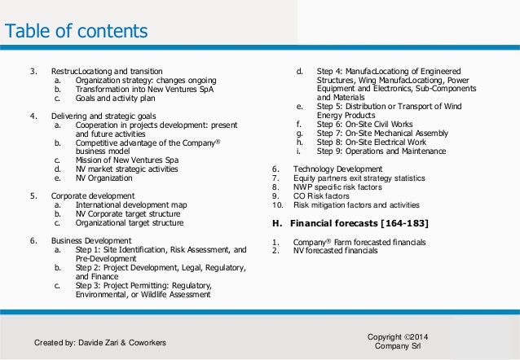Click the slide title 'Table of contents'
(77, 32)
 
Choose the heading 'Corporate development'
(92, 196)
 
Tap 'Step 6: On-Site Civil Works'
(364, 125)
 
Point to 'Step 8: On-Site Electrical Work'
(371, 142)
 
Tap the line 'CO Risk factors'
(323, 195)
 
